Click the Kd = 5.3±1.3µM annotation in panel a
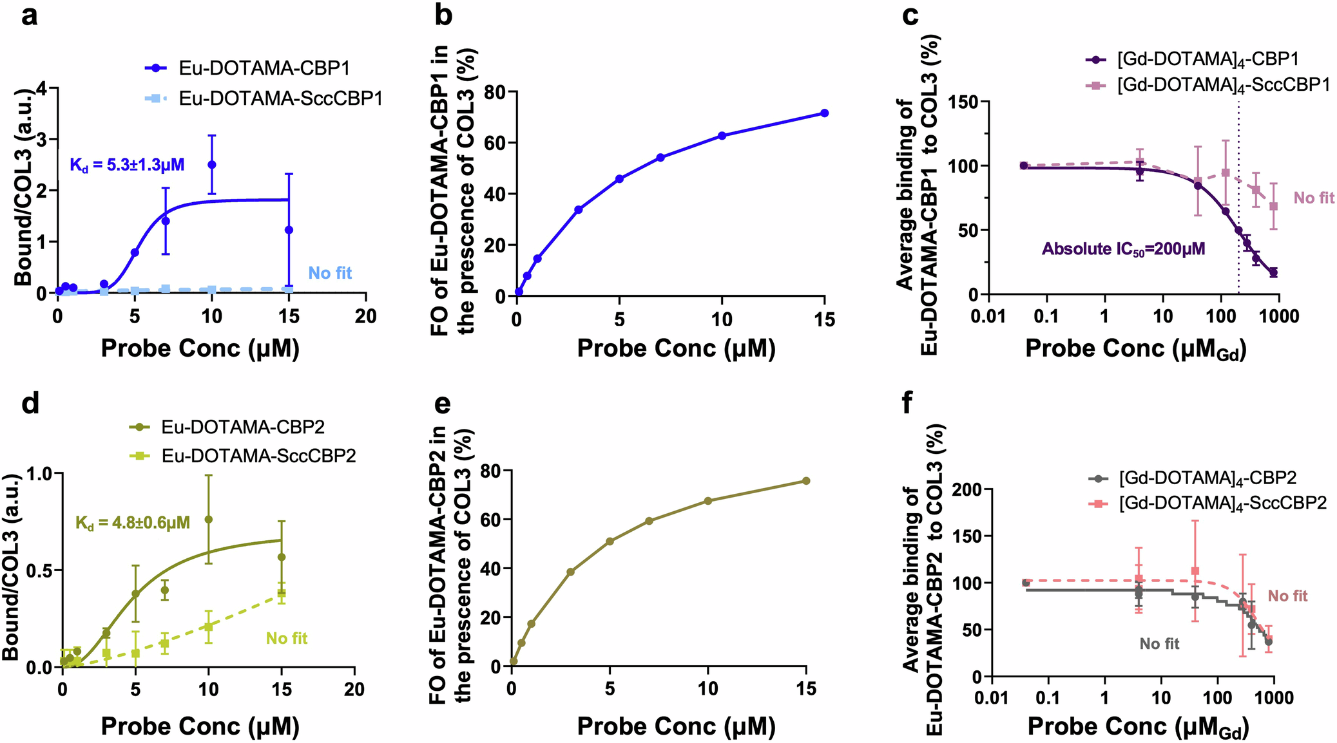(x=127, y=165)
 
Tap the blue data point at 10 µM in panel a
(x=211, y=165)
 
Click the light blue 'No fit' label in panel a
(x=330, y=273)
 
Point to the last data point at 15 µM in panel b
(x=824, y=113)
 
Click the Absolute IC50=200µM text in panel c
(x=1123, y=249)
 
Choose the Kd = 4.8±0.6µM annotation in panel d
(x=133, y=522)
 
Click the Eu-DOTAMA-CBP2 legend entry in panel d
(x=242, y=427)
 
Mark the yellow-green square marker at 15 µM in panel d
(x=282, y=594)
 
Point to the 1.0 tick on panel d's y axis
(x=40, y=475)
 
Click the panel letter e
(x=443, y=404)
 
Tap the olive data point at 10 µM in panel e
(x=707, y=501)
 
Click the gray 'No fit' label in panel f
(x=1159, y=644)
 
